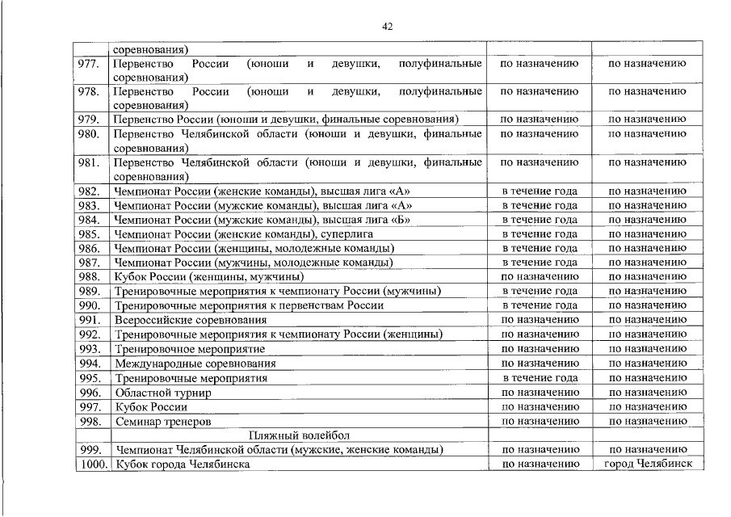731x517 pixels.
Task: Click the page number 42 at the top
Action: tap(387, 27)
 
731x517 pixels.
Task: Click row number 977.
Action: tap(89, 63)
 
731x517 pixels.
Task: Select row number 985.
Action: tap(89, 234)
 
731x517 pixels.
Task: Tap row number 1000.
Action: tap(91, 464)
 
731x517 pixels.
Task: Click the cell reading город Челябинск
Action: tap(647, 464)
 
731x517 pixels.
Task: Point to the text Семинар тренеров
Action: tap(163, 422)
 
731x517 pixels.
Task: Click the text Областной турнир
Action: tap(163, 393)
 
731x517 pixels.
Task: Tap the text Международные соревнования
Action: tap(195, 364)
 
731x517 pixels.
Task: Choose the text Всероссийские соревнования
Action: tap(191, 320)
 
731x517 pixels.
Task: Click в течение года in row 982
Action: tap(540, 191)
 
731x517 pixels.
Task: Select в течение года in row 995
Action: tap(540, 378)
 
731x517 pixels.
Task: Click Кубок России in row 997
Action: tap(151, 407)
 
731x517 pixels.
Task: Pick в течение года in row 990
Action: tap(540, 305)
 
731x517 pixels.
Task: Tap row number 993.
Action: tap(89, 349)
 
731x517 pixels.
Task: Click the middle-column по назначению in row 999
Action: tap(540, 450)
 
